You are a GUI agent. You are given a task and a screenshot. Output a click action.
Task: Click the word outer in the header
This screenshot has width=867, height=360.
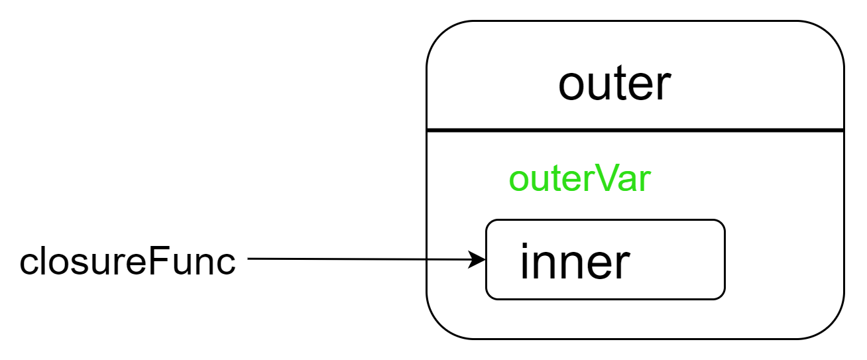coord(614,84)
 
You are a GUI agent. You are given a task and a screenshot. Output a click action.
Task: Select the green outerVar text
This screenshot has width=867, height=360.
coord(580,178)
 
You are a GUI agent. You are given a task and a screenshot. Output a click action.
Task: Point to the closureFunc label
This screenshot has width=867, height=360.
coord(127,261)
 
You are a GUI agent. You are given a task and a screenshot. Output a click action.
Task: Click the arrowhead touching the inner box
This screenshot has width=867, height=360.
coord(477,259)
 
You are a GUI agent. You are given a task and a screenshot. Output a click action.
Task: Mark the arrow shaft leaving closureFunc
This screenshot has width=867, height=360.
coord(358,259)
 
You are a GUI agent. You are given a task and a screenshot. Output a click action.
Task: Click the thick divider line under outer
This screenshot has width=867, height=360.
coord(635,130)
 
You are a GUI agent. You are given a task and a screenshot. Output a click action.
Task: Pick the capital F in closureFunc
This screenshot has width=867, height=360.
coord(158,260)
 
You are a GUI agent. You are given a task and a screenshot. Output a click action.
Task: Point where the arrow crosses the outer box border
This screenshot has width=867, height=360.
coord(427,259)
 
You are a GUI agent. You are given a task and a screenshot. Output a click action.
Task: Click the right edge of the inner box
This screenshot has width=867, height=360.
coord(724,259)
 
